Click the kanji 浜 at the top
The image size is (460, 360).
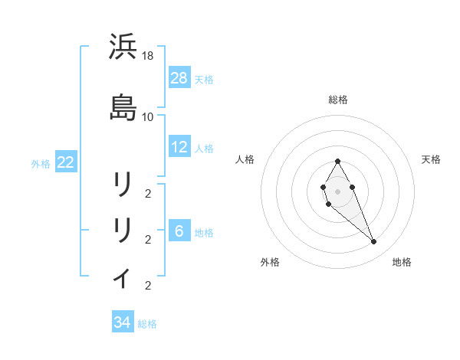[x=123, y=47]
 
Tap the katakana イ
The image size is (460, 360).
[x=123, y=277]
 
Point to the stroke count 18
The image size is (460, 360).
[x=148, y=57]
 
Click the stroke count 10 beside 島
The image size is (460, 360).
[x=148, y=117]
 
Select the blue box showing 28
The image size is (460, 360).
[x=179, y=77]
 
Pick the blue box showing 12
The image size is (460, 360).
[x=179, y=147]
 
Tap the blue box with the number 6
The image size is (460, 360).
[x=179, y=231]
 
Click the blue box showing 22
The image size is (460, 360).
[x=66, y=162]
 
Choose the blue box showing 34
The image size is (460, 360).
[x=123, y=322]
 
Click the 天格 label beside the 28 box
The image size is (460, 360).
[x=204, y=79]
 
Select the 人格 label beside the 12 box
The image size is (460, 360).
[x=204, y=149]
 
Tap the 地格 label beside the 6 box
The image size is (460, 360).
[x=204, y=233]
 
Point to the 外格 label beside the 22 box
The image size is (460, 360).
[x=41, y=163]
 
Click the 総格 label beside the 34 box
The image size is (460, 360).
[x=147, y=324]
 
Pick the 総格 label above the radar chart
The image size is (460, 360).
[x=337, y=100]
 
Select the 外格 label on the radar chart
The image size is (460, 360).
[x=270, y=262]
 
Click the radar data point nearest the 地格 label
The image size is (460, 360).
[x=373, y=242]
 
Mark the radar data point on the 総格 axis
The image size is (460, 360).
[x=337, y=161]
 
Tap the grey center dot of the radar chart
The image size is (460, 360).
[x=337, y=190]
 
